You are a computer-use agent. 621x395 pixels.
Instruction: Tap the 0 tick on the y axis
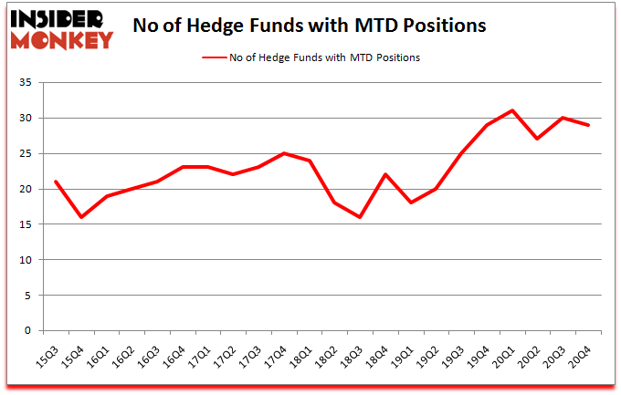29,331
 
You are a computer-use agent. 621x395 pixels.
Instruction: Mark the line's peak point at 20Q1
513,111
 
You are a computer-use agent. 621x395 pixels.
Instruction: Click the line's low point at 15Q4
82,217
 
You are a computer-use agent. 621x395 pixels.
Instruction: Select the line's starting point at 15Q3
57,182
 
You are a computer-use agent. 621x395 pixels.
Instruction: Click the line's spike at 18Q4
387,174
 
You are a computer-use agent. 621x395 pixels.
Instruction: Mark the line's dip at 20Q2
538,139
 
